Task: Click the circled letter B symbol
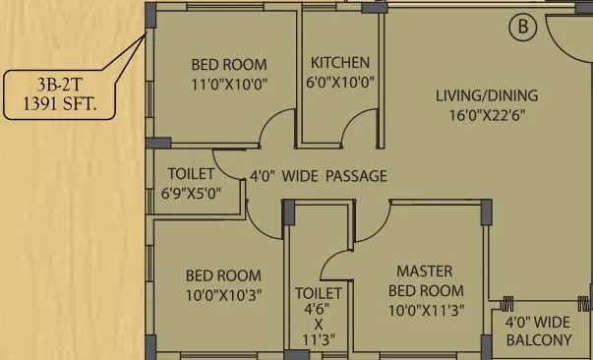coord(522,28)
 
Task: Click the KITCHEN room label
coord(340,63)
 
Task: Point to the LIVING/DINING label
coord(487,95)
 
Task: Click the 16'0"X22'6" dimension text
coord(487,114)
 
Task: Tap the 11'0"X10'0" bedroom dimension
coord(229,85)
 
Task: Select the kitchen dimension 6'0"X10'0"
coord(340,84)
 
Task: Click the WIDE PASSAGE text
coord(334,176)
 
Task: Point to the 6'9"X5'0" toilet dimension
coord(192,193)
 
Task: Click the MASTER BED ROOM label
coord(425,280)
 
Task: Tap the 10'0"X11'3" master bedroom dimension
coord(425,310)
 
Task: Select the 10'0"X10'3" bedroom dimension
coord(224,295)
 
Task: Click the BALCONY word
coord(538,340)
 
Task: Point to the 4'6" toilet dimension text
coord(319,309)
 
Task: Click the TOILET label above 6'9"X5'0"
coord(192,174)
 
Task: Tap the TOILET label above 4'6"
coord(319,293)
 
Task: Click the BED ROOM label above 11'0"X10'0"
coord(229,65)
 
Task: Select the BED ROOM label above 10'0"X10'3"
coord(224,275)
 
